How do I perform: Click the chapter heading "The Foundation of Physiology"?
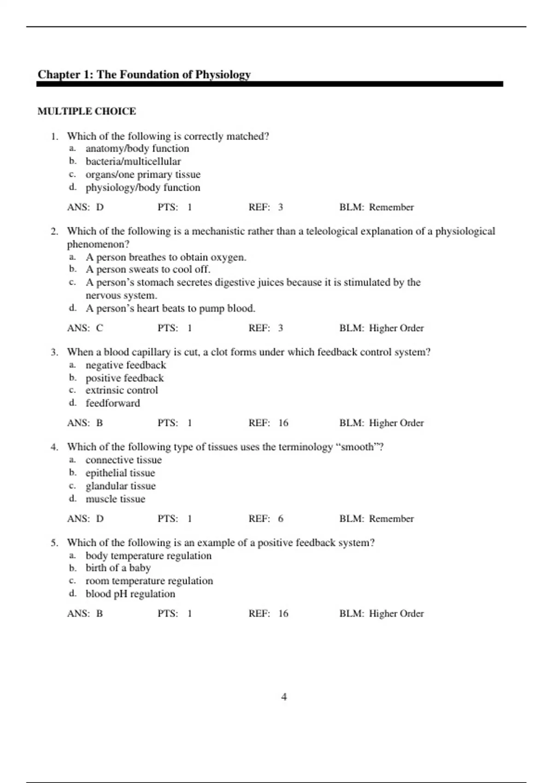click(x=144, y=75)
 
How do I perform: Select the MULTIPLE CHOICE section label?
click(x=87, y=111)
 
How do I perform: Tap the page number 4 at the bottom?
click(x=284, y=697)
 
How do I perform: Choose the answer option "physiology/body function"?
click(x=143, y=187)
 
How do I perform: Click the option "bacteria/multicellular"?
click(x=133, y=162)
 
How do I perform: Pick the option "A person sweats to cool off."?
click(x=148, y=269)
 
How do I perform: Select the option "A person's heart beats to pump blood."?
click(x=171, y=309)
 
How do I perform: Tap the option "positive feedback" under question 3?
click(x=124, y=378)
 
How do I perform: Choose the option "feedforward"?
click(x=113, y=403)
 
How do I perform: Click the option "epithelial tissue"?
click(x=120, y=473)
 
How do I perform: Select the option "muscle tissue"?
click(x=115, y=499)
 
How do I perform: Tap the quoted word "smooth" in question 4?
click(x=357, y=447)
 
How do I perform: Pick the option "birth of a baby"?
click(x=118, y=568)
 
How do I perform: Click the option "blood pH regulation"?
click(x=130, y=594)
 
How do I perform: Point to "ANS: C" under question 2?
click(x=85, y=328)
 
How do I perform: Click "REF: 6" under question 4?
click(x=266, y=519)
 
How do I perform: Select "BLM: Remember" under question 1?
click(x=377, y=208)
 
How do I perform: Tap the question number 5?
click(x=54, y=543)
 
